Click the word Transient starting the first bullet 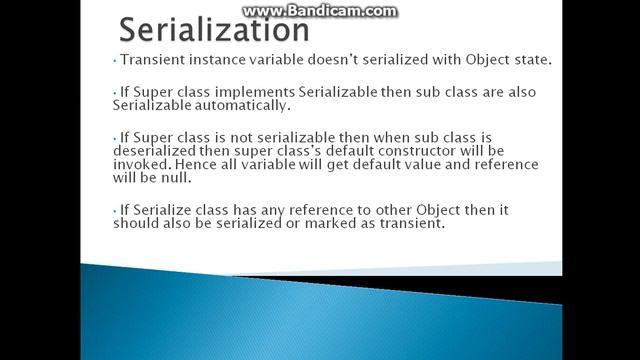(151, 59)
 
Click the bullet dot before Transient (115, 60)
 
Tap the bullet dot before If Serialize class (115, 209)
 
